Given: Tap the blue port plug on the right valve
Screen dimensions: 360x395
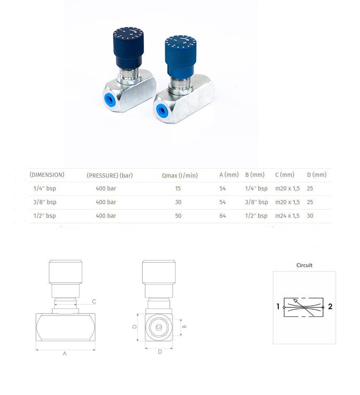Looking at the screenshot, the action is [x=162, y=110].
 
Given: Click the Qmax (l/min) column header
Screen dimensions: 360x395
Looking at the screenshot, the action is [x=180, y=175].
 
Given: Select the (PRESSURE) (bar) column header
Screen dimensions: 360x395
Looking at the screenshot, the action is [x=110, y=175].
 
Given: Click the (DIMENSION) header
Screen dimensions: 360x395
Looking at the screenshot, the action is [x=47, y=175].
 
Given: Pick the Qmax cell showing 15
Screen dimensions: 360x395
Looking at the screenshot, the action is [x=178, y=188].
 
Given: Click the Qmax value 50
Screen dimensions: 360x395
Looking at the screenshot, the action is [x=178, y=216].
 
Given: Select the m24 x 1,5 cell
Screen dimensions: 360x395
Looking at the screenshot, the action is [x=287, y=216].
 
